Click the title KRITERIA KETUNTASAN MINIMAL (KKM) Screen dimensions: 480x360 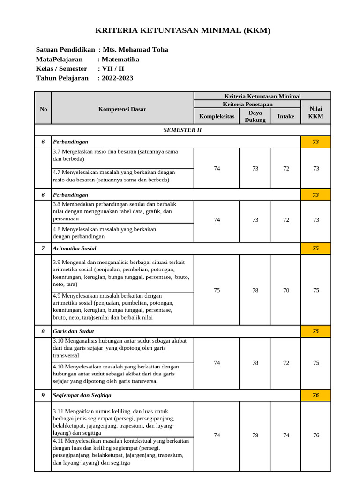[183, 31]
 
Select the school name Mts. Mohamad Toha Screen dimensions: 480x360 [135, 50]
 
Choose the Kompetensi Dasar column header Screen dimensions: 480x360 [122, 109]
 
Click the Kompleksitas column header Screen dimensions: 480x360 [217, 116]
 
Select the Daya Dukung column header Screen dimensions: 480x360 [255, 116]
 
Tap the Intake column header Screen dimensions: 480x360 [286, 116]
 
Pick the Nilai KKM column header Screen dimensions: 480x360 [316, 112]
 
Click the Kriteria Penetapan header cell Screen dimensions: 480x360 [247, 104]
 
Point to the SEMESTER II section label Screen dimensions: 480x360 [183, 130]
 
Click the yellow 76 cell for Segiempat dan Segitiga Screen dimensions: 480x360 [316, 395]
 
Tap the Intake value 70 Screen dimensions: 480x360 [286, 290]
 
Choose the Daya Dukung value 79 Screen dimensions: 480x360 [255, 435]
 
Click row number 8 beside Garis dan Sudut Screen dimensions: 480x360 [43, 331]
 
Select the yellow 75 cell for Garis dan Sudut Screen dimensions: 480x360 [316, 331]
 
